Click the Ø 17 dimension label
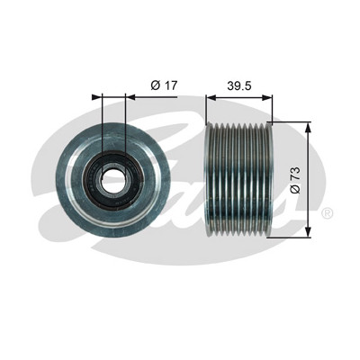pyautogui.click(x=164, y=85)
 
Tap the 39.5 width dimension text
pyautogui.click(x=239, y=85)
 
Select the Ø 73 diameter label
pyautogui.click(x=295, y=181)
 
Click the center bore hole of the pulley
pyautogui.click(x=114, y=179)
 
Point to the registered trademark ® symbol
pyautogui.click(x=328, y=213)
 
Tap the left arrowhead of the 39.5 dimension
pyautogui.click(x=211, y=97)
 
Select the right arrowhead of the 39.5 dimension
pyautogui.click(x=266, y=97)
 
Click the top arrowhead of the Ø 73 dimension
pyautogui.click(x=308, y=128)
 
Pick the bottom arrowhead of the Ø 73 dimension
pyautogui.click(x=308, y=232)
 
